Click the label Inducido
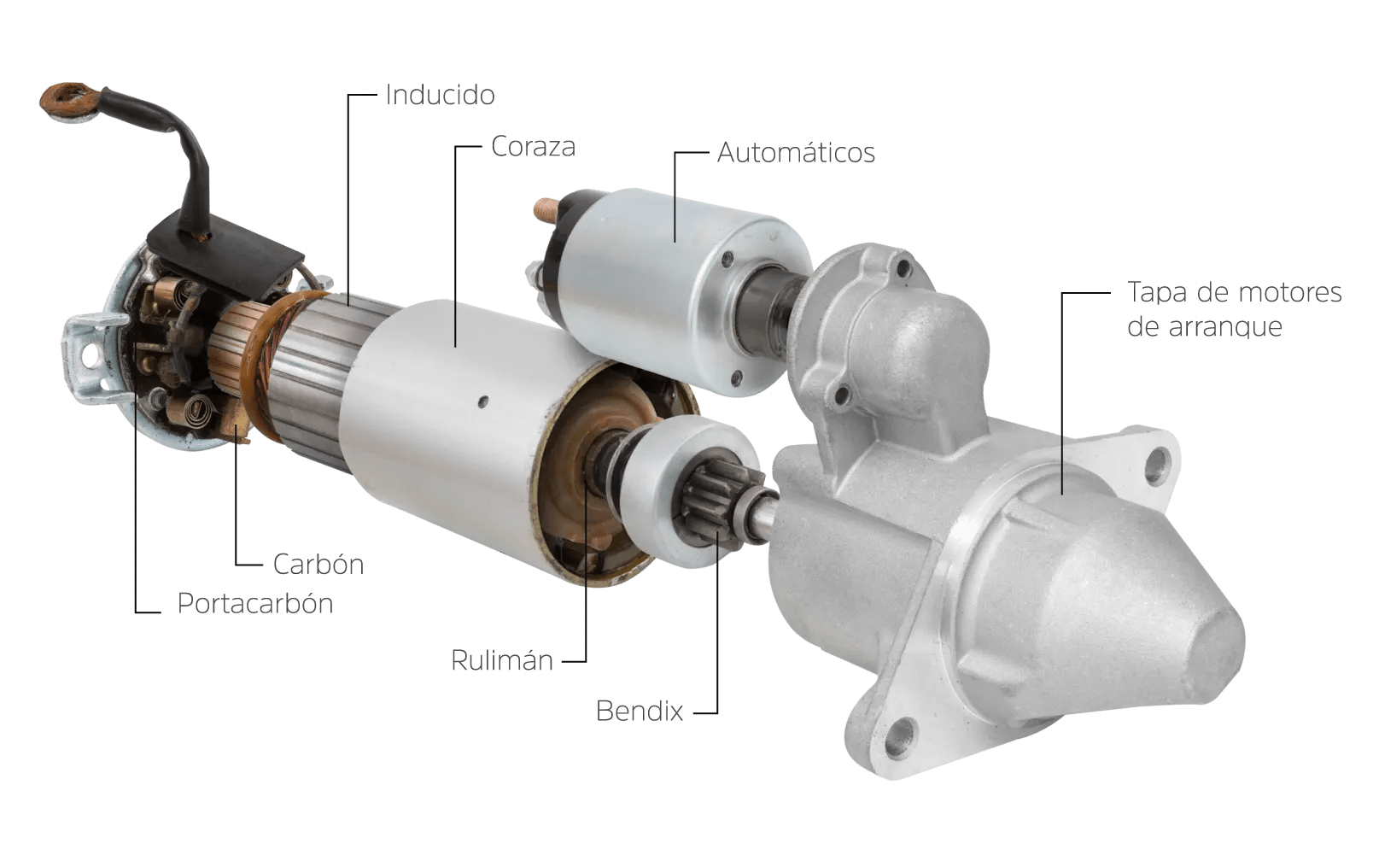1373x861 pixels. (440, 94)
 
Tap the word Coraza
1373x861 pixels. (533, 147)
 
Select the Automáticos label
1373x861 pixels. (796, 153)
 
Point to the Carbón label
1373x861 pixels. (318, 565)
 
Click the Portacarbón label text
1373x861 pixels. (254, 604)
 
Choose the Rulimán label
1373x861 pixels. (502, 660)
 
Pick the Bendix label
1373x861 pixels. (640, 712)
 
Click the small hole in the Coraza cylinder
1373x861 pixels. (483, 399)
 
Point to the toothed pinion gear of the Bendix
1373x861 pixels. (710, 507)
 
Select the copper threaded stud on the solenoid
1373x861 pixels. (546, 208)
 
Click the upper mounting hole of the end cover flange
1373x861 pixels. (1157, 466)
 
